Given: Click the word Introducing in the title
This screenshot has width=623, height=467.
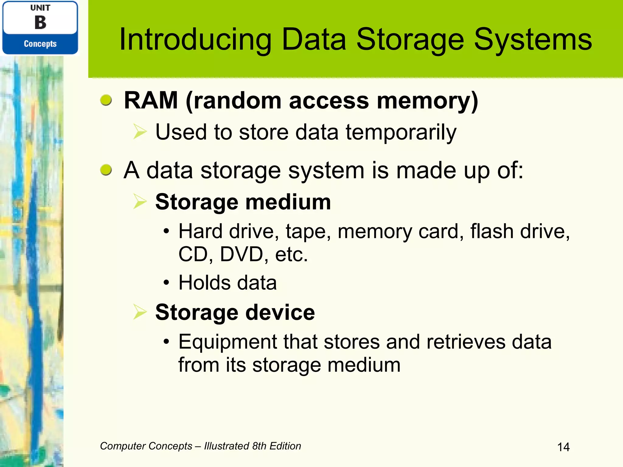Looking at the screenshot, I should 195,40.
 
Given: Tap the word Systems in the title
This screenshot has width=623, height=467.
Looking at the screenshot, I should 533,40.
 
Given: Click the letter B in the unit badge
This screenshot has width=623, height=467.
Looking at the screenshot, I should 40,22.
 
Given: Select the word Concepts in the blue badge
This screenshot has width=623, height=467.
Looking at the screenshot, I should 40,44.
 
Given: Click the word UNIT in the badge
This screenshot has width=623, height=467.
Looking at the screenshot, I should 40,8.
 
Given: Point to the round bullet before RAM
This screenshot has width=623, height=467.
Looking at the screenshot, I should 106,100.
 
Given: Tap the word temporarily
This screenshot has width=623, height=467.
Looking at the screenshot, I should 401,133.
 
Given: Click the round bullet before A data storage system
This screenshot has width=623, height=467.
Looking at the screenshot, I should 106,170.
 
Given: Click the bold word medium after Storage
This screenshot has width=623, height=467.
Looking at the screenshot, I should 288,202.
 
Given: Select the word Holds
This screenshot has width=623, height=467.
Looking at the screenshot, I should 204,283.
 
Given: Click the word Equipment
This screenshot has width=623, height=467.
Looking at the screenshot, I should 228,342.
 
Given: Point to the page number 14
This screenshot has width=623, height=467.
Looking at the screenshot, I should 563,447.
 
